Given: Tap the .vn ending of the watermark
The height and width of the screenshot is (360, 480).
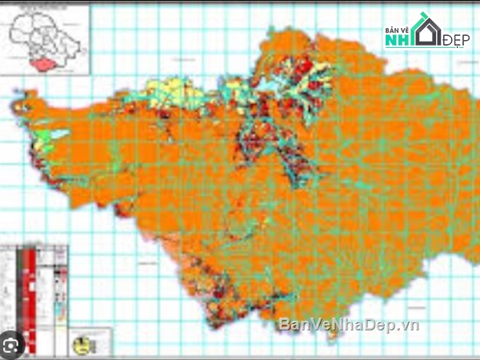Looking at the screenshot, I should [x=410, y=325].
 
